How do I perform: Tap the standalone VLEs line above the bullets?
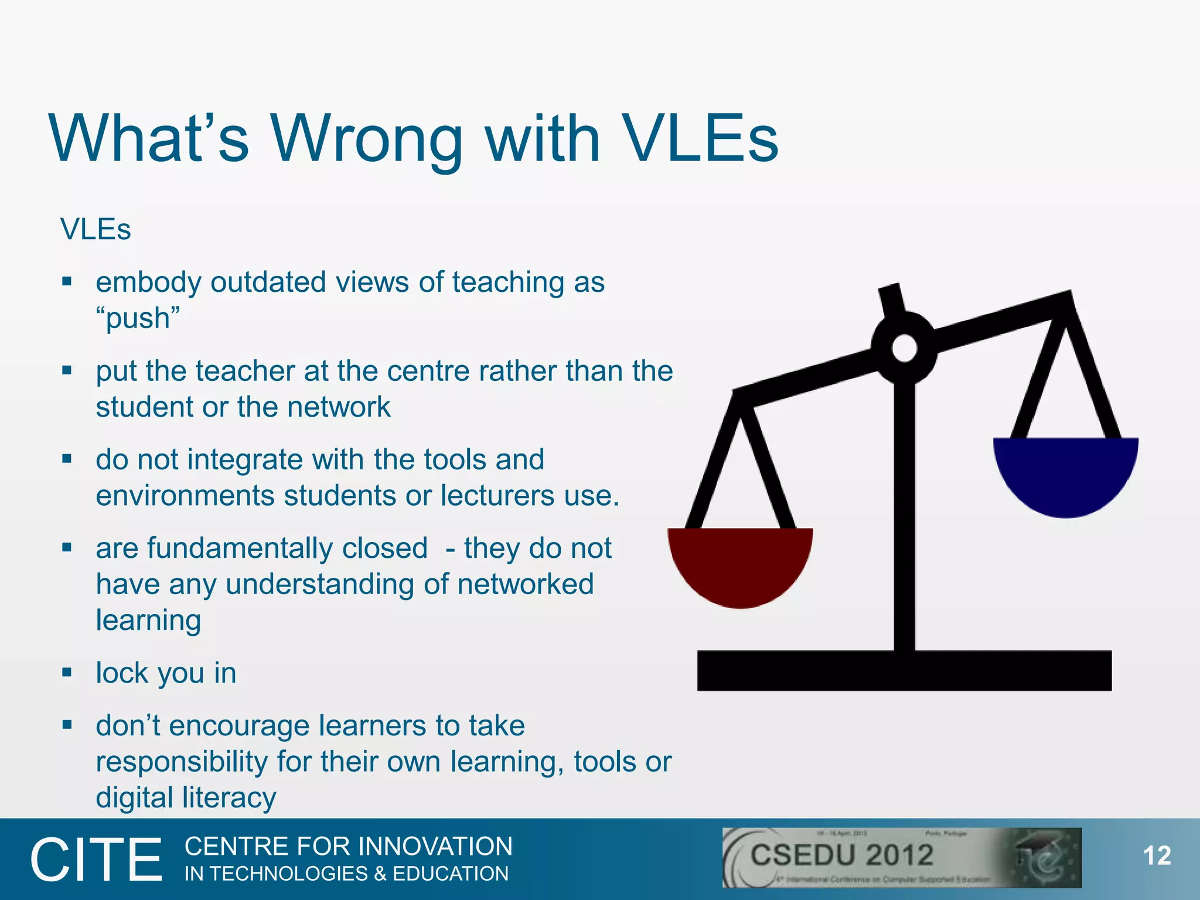(x=96, y=229)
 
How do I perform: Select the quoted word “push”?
(x=138, y=318)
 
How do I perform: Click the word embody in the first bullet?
(x=148, y=283)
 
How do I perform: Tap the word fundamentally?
(x=287, y=549)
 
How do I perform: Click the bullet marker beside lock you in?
(x=67, y=672)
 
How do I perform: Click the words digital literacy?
(x=186, y=798)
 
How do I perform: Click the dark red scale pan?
(x=740, y=562)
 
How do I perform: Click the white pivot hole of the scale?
(x=904, y=348)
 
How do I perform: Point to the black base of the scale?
(x=904, y=670)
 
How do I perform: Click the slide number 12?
(x=1157, y=856)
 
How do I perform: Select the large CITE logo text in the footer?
(x=96, y=860)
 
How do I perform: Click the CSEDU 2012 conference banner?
(x=901, y=857)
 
